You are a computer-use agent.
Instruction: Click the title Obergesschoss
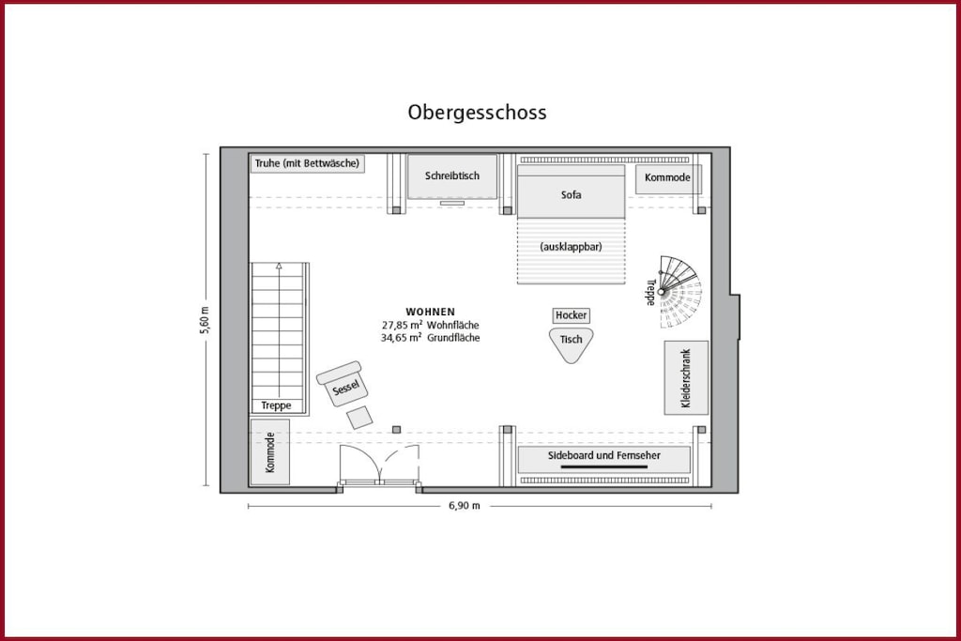477,113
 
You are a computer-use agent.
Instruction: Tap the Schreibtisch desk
452,176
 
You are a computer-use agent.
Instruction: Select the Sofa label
571,195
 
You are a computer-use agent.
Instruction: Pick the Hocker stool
571,315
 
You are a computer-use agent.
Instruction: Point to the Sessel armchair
343,384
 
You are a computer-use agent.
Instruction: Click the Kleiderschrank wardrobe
686,377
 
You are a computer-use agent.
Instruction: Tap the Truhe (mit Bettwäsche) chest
307,163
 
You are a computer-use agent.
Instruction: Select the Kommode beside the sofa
667,178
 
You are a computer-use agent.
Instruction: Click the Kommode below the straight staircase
269,452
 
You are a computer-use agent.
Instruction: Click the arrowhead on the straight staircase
279,266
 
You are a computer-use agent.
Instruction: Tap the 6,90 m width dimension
465,506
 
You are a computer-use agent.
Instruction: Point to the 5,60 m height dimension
205,320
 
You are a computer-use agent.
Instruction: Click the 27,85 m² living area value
402,325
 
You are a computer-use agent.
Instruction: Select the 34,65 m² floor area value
402,338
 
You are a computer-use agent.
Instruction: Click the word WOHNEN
430,312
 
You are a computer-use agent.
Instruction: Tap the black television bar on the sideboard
603,467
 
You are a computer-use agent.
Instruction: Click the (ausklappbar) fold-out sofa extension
571,252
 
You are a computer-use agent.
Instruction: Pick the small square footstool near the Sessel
359,418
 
